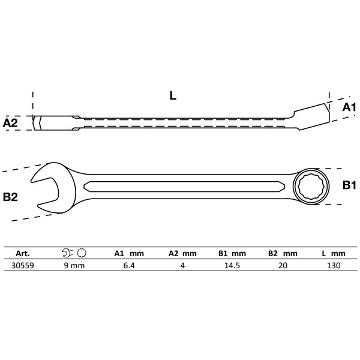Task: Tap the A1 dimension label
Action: (x=349, y=107)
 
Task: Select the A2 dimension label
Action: (x=11, y=123)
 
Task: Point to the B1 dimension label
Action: (x=349, y=186)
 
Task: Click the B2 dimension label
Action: (x=11, y=196)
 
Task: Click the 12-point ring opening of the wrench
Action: (x=310, y=187)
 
